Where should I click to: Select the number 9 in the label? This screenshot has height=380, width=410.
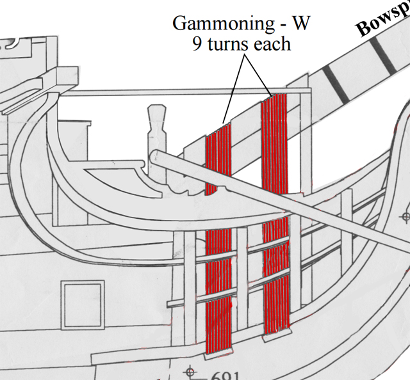pos(197,45)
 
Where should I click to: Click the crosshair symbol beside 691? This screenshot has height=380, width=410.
pos(190,371)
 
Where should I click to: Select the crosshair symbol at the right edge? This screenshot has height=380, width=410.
pos(404,218)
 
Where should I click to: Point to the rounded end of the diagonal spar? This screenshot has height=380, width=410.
pos(156,156)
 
